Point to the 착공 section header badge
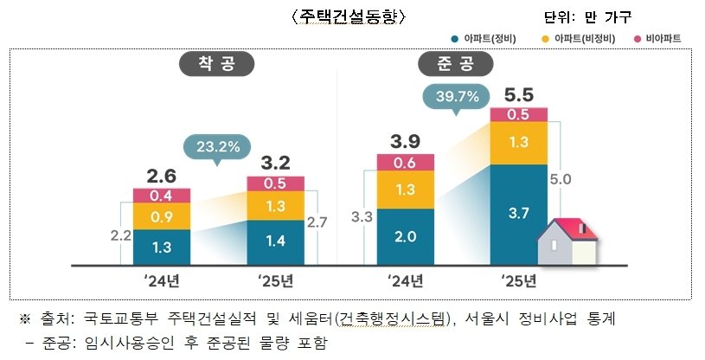click(206, 65)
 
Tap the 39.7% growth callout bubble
click(451, 97)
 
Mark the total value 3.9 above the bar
click(405, 141)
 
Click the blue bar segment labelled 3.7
click(518, 212)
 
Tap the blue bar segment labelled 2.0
click(405, 235)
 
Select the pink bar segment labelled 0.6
click(405, 162)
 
